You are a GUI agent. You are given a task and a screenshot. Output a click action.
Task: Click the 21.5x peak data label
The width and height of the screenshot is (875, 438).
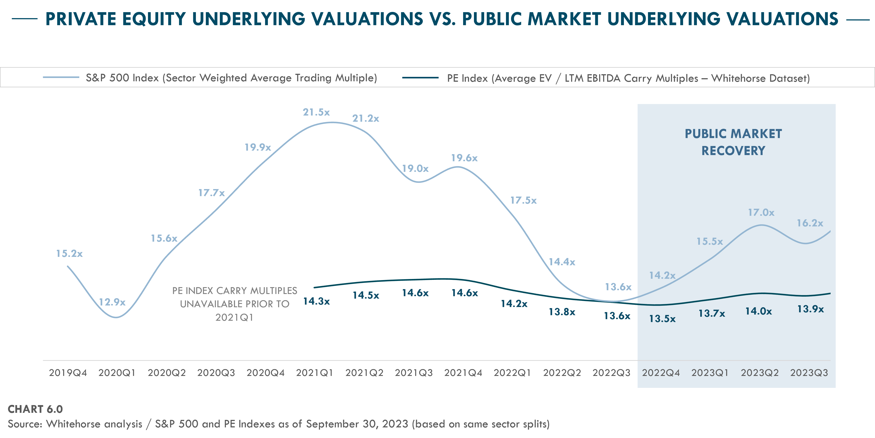point(316,112)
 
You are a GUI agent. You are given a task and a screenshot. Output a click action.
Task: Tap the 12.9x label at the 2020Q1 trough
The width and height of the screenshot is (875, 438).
point(112,302)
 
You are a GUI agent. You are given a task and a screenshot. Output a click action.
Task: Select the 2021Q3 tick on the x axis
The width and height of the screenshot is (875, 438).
point(414,373)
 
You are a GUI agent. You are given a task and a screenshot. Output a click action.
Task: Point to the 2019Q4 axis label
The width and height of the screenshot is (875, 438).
point(68,373)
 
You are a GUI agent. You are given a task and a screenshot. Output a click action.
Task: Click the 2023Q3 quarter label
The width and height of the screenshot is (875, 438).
point(809,373)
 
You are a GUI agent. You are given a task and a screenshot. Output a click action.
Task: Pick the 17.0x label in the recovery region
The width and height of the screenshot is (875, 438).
point(761,213)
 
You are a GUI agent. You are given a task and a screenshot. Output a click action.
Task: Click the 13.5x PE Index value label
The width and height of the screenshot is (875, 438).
point(662,319)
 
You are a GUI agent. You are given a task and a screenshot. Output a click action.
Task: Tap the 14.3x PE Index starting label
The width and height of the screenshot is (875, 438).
point(316,301)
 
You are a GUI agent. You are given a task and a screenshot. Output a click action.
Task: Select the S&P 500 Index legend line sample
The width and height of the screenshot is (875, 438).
point(61,78)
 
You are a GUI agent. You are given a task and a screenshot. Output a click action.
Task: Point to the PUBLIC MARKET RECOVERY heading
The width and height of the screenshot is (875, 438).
point(733,142)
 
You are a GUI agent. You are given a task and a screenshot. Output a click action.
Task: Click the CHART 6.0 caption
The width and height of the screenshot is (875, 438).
point(35,409)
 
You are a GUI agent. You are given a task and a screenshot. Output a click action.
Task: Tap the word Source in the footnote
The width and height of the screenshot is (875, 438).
point(25,424)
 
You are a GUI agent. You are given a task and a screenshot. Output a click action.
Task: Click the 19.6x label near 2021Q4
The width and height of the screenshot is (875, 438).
point(464,158)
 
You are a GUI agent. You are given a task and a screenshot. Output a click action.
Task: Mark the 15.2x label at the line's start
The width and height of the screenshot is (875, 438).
point(69,254)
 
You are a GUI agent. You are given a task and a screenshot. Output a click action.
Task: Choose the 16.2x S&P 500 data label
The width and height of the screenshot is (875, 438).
point(810,223)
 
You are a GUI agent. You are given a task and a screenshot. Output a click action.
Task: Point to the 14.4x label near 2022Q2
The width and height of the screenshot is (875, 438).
point(562,262)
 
